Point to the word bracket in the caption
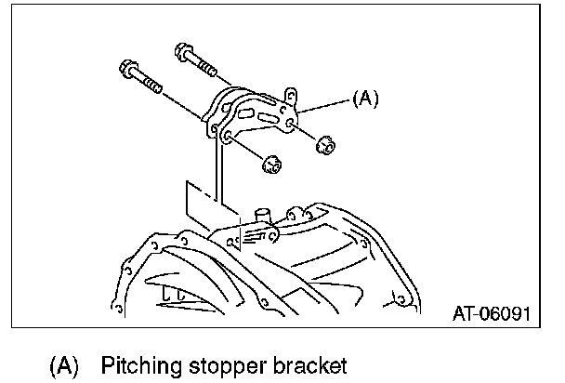point(313,363)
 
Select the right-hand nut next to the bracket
point(325,145)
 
